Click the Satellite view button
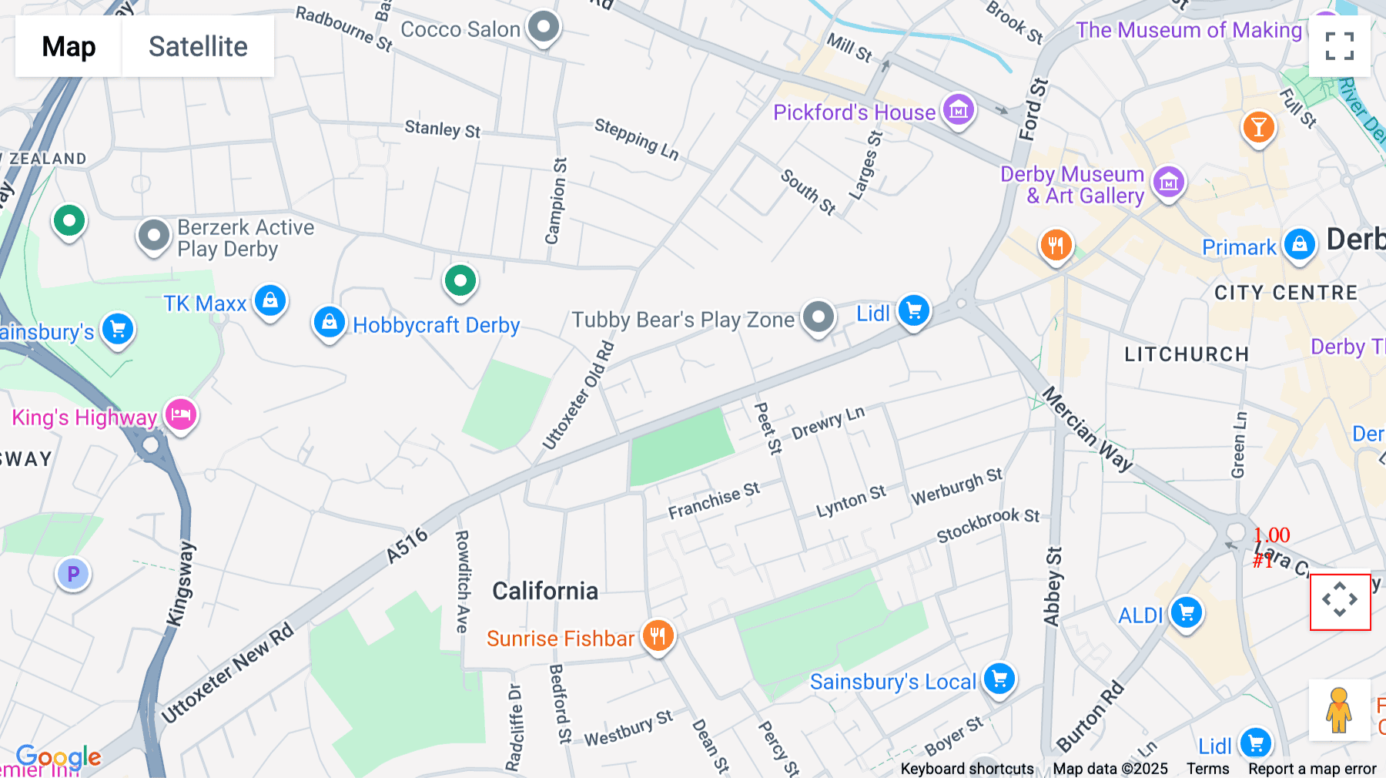coord(198,46)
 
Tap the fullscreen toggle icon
coord(1339,46)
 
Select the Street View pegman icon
coord(1339,709)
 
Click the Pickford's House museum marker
coord(959,111)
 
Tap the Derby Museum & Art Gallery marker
coord(1168,183)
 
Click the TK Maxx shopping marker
coord(270,301)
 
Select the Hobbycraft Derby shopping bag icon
coord(329,323)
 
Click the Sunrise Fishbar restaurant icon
coord(658,636)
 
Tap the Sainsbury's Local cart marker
coord(999,680)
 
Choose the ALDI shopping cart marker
coord(1187,614)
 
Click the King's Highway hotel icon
coord(181,415)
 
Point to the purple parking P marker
coord(73,574)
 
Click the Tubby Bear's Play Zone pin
coord(818,317)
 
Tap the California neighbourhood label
coord(545,591)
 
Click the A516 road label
coord(407,545)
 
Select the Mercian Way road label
coord(1086,428)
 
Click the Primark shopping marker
coord(1300,246)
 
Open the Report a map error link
coord(1312,769)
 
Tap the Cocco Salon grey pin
coord(544,28)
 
